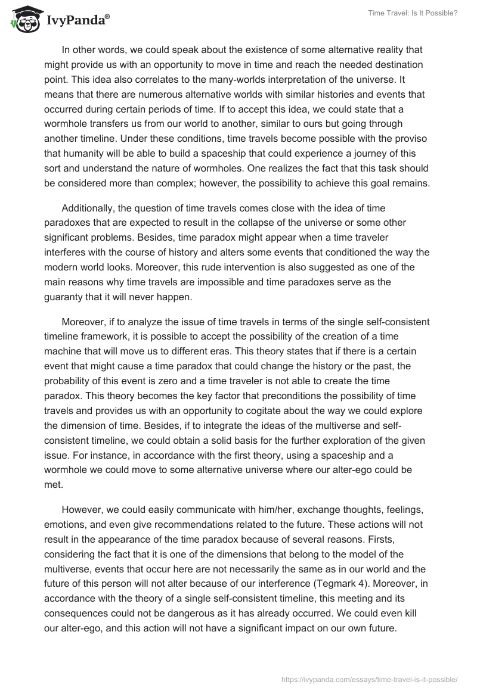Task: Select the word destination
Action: point(380,64)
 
